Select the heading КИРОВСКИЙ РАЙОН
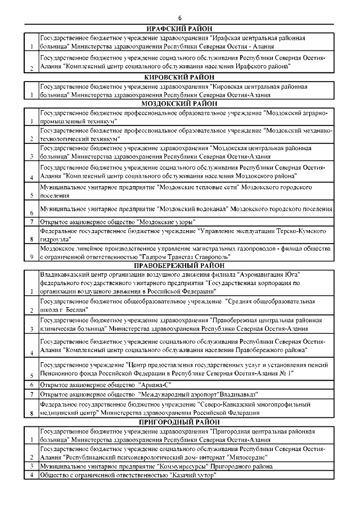180,76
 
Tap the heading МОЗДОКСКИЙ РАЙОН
180,103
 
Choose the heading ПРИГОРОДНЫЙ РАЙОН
180,422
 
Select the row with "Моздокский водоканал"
186,209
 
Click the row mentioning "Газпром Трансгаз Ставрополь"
186,253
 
